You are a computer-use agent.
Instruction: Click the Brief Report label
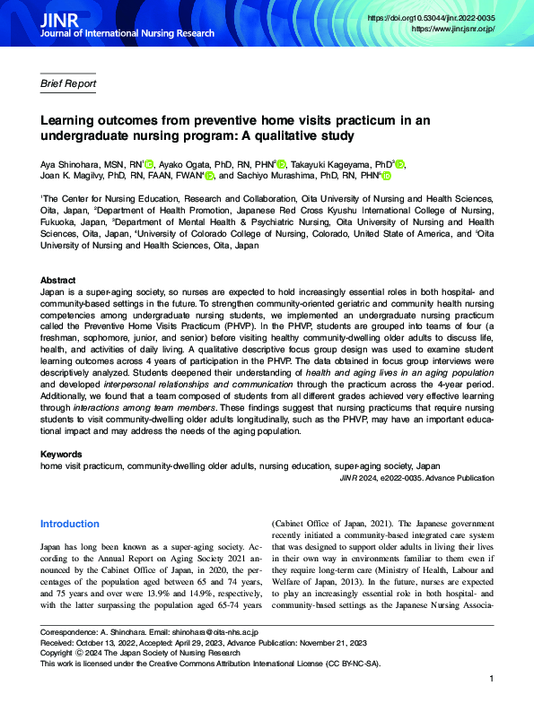point(68,84)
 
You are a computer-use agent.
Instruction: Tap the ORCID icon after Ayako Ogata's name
point(282,164)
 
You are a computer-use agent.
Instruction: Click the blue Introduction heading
point(70,524)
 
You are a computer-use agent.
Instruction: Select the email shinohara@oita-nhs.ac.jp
point(214,632)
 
